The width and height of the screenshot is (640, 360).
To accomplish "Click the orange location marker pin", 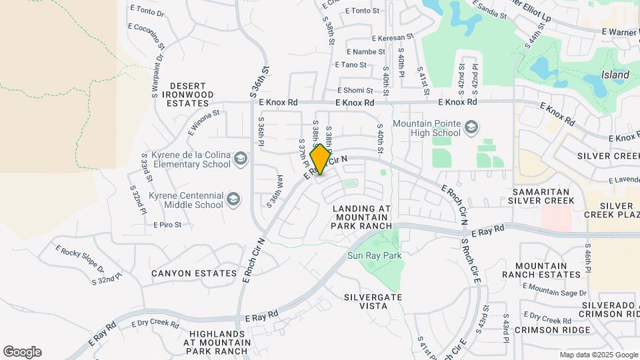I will (320, 159).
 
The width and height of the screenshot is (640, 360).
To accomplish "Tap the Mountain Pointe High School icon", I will (471, 127).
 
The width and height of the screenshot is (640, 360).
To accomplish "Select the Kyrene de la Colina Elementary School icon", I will (240, 159).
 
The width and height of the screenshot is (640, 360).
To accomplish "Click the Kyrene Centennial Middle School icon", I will (233, 199).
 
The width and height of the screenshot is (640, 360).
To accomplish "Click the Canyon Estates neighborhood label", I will (194, 273).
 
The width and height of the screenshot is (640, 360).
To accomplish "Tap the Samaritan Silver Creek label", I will (541, 195).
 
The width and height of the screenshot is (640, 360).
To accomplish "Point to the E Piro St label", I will (167, 225).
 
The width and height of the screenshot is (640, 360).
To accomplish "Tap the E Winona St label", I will (203, 123).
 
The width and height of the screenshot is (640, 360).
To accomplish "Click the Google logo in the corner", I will (22, 352).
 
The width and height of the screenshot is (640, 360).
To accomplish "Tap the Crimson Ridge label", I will (553, 330).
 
